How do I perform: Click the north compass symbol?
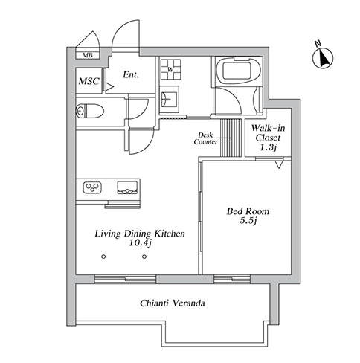point(323,58)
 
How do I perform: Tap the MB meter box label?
point(87,55)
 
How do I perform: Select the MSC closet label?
point(89,81)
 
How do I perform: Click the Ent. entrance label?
point(131,74)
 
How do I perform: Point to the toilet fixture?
point(90,112)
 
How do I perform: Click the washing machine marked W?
point(170,69)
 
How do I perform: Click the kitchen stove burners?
point(92,187)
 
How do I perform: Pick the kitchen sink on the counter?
point(127,187)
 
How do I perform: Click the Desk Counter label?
point(205,138)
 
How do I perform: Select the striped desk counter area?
point(231,138)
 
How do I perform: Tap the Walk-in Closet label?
point(268,138)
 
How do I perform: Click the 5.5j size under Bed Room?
point(248,220)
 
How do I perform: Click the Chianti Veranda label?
point(173,303)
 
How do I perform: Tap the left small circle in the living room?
point(103,257)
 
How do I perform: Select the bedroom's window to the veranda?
point(232,280)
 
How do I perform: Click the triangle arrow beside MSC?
point(110,86)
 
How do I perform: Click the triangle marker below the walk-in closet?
point(279,164)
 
